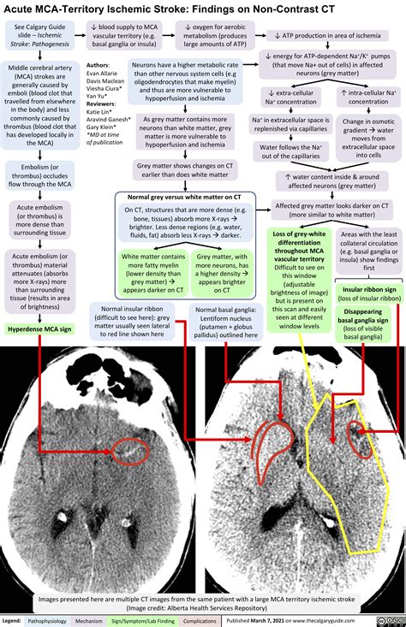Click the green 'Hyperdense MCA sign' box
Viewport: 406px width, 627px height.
tap(41, 305)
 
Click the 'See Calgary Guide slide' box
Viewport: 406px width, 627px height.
tap(42, 40)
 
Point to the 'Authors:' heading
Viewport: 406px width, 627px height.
tap(98, 65)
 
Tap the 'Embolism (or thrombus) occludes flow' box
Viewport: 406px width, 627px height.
tap(40, 177)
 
